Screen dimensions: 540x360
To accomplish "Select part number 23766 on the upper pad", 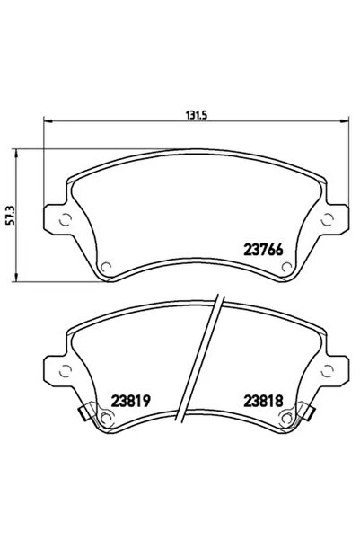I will pos(265,251).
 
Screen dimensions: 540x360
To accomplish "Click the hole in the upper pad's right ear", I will pos(329,218).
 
